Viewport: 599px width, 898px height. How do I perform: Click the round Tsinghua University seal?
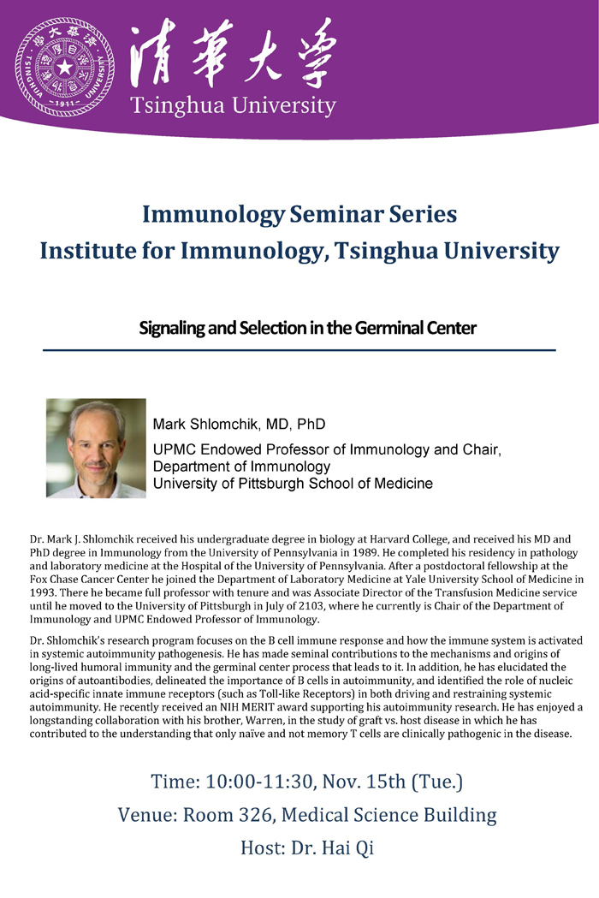[64, 67]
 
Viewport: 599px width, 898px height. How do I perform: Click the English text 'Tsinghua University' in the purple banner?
[233, 106]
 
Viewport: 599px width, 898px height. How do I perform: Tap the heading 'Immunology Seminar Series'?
[299, 215]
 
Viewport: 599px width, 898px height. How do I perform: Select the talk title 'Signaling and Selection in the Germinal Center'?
[307, 328]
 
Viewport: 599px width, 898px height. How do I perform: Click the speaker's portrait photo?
[96, 448]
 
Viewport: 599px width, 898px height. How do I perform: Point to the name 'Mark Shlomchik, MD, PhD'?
[239, 425]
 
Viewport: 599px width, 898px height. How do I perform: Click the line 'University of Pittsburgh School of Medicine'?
[293, 484]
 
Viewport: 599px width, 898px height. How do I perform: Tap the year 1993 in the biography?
[42, 592]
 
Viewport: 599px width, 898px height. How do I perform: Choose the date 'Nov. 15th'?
[365, 782]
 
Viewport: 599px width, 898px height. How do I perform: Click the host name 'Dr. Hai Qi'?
[332, 848]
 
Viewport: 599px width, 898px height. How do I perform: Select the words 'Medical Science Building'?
[388, 816]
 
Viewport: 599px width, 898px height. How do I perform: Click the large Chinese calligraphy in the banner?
[233, 53]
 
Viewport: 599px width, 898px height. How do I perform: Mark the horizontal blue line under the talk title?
[299, 350]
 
